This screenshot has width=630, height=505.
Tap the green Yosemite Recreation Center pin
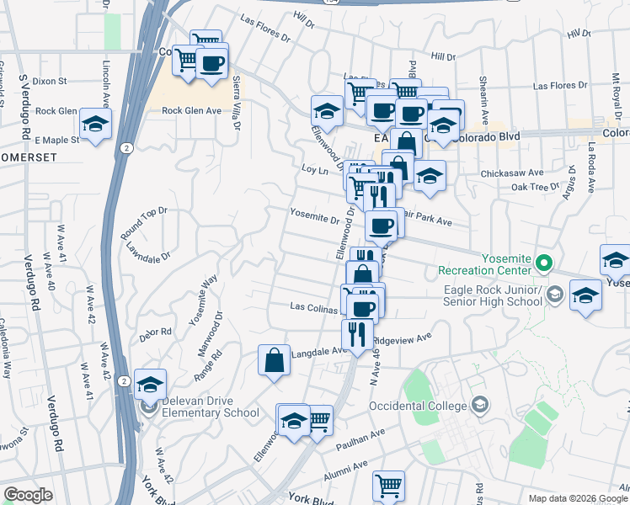544,263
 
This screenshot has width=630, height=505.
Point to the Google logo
28,495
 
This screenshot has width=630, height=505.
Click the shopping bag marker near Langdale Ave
275,360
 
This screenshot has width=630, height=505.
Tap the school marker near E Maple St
96,125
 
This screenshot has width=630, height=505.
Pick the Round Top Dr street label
144,221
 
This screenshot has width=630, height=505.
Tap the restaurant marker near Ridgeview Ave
358,333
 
